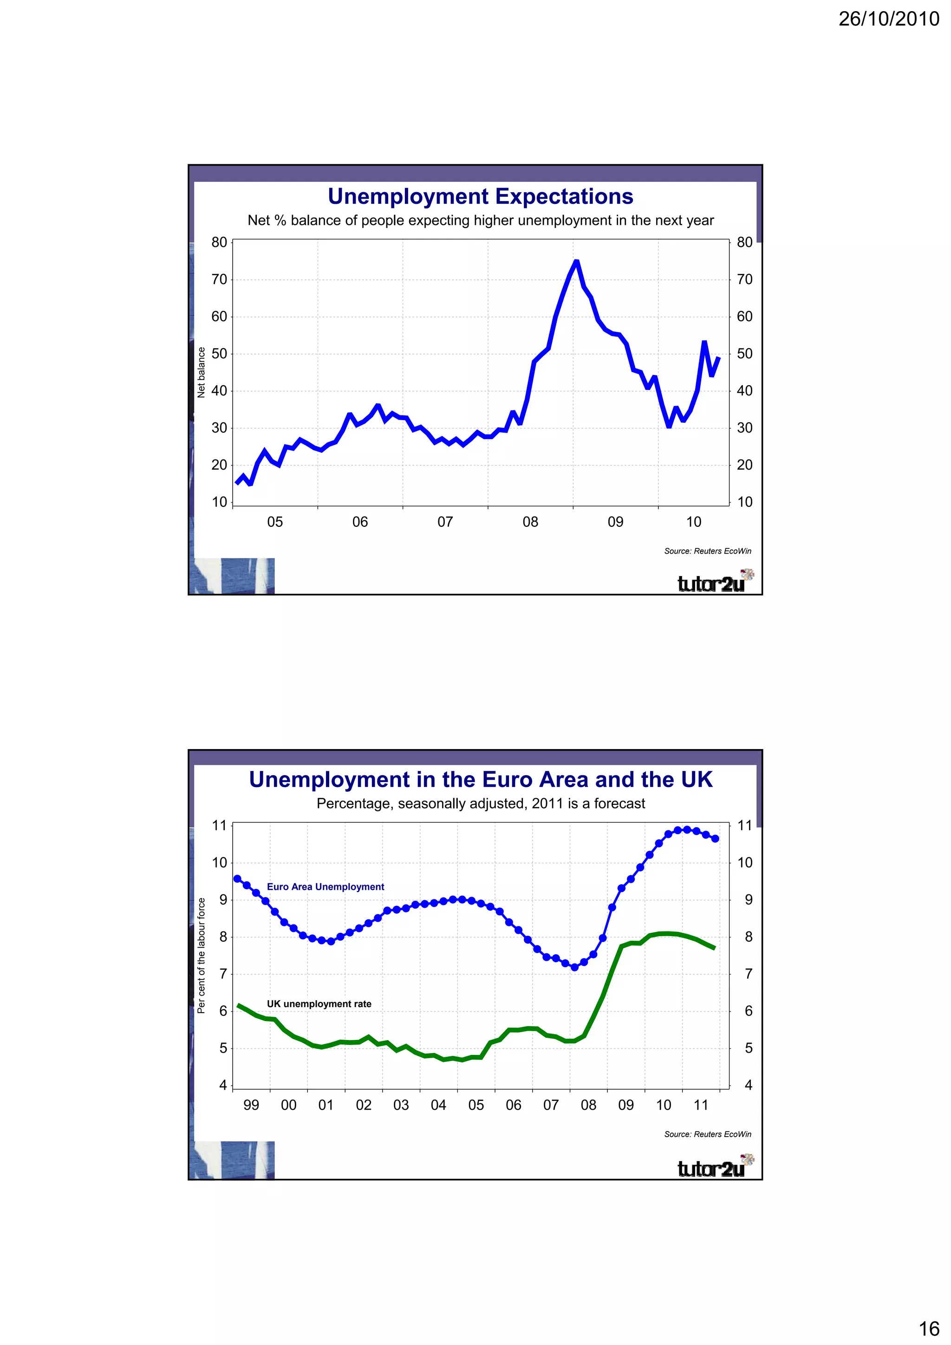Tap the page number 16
(929, 1328)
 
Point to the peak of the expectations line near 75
(576, 262)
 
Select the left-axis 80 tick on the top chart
(219, 243)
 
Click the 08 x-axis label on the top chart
(530, 522)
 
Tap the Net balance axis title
(202, 373)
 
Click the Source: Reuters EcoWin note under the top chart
(707, 551)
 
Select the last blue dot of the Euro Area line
(715, 839)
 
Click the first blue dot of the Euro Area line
(237, 879)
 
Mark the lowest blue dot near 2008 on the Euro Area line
(574, 968)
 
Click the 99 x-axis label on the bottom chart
(251, 1106)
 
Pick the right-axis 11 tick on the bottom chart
(744, 826)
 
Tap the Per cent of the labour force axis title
(202, 956)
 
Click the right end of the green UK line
(714, 948)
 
